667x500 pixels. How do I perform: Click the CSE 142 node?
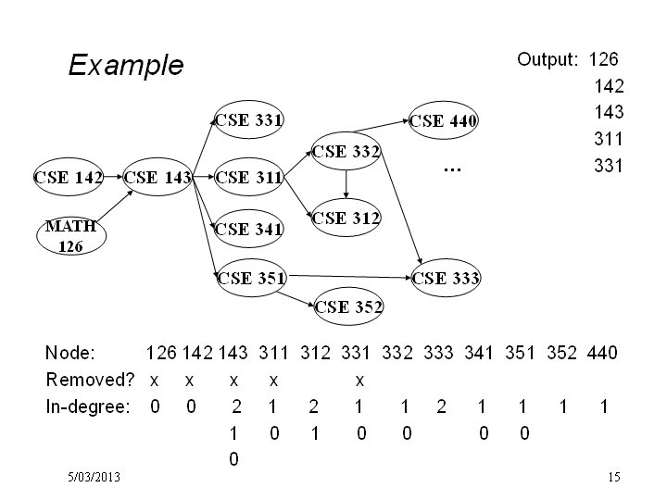(x=69, y=177)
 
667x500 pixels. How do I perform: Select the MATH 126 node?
(x=71, y=236)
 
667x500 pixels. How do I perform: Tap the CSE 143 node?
(x=157, y=177)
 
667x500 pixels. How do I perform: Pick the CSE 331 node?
(x=249, y=119)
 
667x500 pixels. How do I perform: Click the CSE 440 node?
(x=443, y=120)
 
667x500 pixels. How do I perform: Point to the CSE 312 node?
(x=346, y=218)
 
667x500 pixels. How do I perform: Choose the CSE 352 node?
(x=348, y=306)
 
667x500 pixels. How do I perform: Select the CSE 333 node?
(x=446, y=278)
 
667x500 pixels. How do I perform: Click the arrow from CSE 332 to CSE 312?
(x=346, y=184)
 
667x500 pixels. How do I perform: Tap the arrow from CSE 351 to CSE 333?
(x=350, y=277)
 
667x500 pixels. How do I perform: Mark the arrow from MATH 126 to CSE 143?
(x=115, y=206)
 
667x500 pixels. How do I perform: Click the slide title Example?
(x=126, y=65)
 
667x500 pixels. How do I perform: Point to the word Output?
(x=547, y=59)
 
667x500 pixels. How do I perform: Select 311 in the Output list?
(x=609, y=139)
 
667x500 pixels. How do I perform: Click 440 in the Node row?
(x=602, y=353)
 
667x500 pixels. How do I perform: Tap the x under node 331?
(x=359, y=381)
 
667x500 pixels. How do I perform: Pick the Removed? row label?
(x=90, y=380)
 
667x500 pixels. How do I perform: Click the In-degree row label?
(x=88, y=406)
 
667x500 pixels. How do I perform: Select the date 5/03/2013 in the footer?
(x=94, y=477)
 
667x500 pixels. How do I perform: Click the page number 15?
(x=614, y=477)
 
